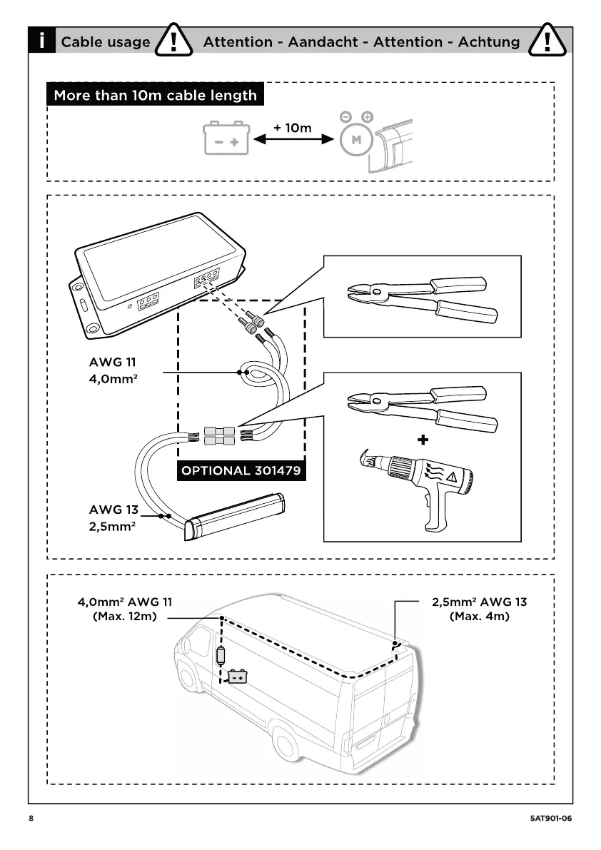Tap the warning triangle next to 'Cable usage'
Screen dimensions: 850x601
[x=176, y=41]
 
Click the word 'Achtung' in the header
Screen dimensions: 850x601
[x=490, y=42]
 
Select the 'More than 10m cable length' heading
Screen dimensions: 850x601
[x=155, y=95]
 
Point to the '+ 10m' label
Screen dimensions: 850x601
[x=293, y=128]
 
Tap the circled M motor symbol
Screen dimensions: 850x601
[x=356, y=140]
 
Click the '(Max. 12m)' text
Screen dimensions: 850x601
[x=125, y=616]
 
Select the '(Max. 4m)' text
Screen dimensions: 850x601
[x=480, y=616]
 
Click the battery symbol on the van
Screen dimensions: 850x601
[x=237, y=675]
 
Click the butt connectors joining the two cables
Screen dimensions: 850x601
[x=219, y=436]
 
